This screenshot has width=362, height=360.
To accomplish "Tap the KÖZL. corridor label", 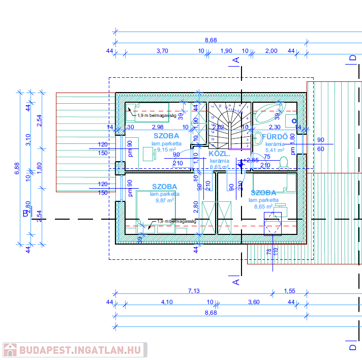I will [220, 153].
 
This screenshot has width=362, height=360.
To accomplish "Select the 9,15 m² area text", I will [166, 150].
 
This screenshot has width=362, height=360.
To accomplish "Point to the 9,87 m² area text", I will [164, 200].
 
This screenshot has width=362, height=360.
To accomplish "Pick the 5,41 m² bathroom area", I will [275, 151].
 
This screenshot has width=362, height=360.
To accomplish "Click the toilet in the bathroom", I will [284, 162].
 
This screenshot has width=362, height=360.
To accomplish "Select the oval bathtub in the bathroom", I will [269, 114].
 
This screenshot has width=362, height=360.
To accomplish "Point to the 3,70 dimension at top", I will [162, 51].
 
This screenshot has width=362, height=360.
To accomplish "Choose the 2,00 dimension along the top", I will [271, 51].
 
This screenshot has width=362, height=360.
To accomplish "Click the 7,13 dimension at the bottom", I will [194, 291].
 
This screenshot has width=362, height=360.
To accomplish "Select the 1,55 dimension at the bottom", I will [289, 291].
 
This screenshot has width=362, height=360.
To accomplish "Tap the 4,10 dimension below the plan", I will [167, 302].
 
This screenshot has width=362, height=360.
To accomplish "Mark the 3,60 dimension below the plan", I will [253, 302].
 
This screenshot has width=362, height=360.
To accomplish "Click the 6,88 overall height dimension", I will [17, 168].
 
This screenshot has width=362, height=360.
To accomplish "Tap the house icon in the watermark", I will [9, 350].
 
